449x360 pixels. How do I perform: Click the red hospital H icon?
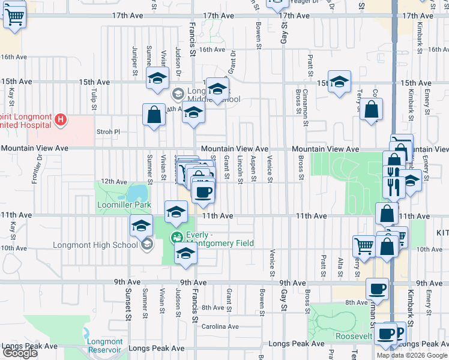(60, 120)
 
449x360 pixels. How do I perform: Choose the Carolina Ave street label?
(220, 327)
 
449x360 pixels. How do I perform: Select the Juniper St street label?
(134, 60)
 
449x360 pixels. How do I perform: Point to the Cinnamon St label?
(305, 99)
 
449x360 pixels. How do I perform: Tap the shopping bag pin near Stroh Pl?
(154, 114)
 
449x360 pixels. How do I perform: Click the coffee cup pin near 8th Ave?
(378, 289)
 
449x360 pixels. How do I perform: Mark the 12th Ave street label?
(114, 181)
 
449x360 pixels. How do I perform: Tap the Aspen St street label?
(253, 167)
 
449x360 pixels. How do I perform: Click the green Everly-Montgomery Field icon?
(177, 238)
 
